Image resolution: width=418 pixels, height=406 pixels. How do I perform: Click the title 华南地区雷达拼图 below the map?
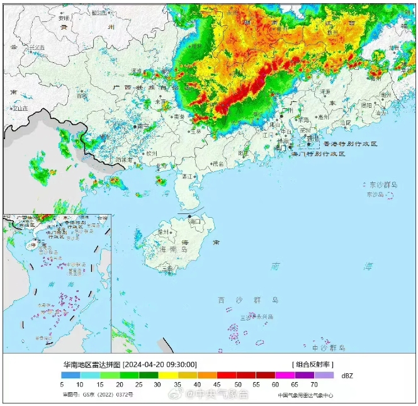91,364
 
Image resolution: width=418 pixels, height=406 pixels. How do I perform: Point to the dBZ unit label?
347,375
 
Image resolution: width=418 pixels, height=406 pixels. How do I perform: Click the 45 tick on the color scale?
217,384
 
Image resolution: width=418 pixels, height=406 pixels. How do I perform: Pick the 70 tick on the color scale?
313,384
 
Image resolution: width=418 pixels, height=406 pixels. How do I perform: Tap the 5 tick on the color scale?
62,384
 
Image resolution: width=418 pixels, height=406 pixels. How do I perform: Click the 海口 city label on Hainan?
194,222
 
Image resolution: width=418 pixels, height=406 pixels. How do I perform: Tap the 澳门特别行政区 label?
320,154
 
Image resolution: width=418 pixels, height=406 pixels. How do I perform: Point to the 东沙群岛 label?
383,185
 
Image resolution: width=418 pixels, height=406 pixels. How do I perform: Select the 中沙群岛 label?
329,347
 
